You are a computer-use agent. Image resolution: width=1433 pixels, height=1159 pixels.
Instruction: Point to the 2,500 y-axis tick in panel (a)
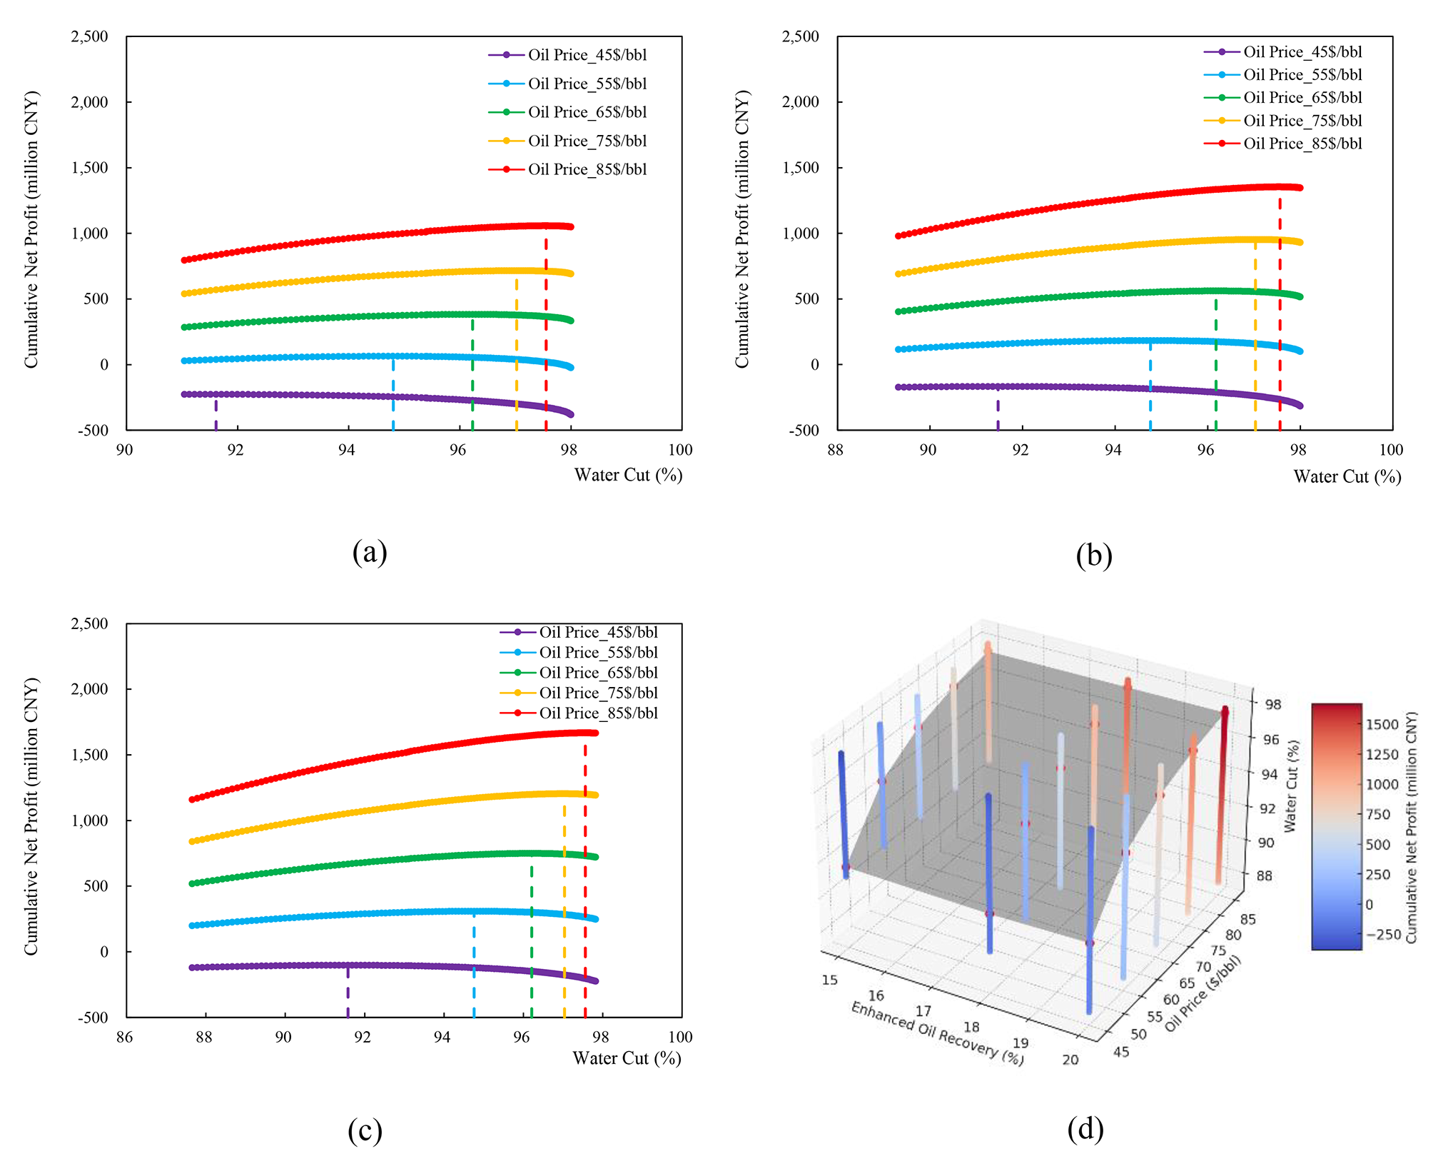click(x=89, y=36)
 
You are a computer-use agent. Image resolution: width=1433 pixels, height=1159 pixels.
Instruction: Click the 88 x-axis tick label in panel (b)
click(x=835, y=450)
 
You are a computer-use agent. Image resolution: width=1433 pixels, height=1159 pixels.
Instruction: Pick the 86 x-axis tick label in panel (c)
click(x=124, y=1037)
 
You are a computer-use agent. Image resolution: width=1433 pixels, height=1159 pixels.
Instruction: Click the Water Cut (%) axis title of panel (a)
click(x=628, y=475)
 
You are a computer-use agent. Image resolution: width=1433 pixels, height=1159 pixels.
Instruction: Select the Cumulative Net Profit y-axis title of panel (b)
click(x=742, y=229)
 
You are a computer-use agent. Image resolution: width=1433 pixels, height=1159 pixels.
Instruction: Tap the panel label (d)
click(x=1085, y=1128)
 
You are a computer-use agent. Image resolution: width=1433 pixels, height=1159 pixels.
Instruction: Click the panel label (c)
click(x=365, y=1130)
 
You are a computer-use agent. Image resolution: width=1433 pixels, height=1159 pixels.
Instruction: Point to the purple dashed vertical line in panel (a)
click(x=216, y=415)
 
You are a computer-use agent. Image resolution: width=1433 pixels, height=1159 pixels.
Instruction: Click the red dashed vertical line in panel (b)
click(x=1280, y=314)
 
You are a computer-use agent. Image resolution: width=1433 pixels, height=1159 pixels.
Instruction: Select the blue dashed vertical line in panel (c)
click(x=474, y=964)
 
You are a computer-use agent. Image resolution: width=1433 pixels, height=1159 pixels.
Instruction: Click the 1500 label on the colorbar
click(x=1382, y=724)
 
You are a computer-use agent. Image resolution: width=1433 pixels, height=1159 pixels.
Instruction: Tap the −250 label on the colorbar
click(x=1382, y=935)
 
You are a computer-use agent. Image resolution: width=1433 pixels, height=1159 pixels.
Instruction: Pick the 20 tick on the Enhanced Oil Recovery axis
click(x=1070, y=1060)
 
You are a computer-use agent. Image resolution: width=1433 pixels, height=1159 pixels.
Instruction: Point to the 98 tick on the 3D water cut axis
click(x=1272, y=705)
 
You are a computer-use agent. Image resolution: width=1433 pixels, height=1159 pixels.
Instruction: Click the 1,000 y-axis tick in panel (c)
click(x=89, y=821)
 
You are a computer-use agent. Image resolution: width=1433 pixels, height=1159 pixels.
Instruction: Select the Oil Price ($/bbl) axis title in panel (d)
click(x=1203, y=993)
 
